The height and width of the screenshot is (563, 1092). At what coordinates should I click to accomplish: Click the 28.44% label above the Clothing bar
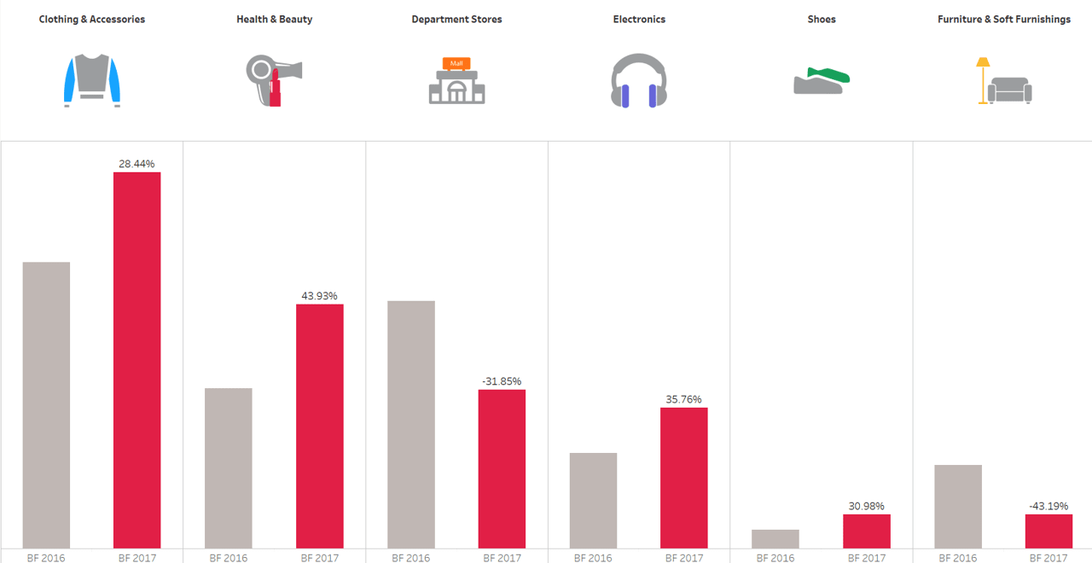(x=136, y=164)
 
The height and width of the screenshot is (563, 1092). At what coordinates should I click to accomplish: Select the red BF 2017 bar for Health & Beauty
(x=320, y=426)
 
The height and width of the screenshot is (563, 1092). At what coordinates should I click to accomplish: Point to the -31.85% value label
(x=502, y=381)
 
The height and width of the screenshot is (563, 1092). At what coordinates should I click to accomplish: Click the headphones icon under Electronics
(x=639, y=81)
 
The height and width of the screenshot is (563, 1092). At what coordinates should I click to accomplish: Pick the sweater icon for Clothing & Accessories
(x=92, y=80)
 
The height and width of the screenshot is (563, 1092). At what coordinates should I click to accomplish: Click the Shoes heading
(x=822, y=20)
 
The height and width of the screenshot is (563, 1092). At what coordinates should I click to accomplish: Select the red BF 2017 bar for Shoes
(x=867, y=531)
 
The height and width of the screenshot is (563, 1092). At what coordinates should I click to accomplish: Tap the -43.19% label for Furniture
(x=1048, y=506)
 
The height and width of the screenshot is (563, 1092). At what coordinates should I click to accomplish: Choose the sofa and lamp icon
(x=1004, y=81)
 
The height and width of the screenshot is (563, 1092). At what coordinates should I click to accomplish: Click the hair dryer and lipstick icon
(x=274, y=80)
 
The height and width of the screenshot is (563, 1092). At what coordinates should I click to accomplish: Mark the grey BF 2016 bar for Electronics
(x=593, y=500)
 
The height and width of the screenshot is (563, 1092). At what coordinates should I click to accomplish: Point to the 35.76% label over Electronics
(x=683, y=399)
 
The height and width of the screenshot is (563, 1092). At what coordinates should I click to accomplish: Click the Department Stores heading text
(x=456, y=20)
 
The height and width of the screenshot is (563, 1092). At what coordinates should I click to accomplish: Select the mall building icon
(x=456, y=81)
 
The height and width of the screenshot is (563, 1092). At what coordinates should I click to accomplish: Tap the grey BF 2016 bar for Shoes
(x=775, y=538)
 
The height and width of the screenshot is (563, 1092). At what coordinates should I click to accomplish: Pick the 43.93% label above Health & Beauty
(x=319, y=296)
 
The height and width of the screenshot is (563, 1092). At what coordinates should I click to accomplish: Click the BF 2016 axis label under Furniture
(x=957, y=557)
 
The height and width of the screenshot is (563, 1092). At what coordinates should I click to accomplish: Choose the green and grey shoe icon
(x=822, y=80)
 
